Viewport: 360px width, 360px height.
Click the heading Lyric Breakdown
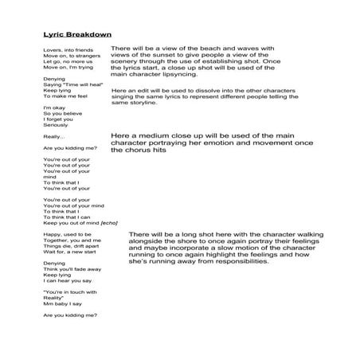77,34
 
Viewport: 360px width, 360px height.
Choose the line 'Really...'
54,137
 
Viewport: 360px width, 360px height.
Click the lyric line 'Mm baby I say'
62,303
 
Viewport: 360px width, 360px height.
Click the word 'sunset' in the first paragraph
182,56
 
